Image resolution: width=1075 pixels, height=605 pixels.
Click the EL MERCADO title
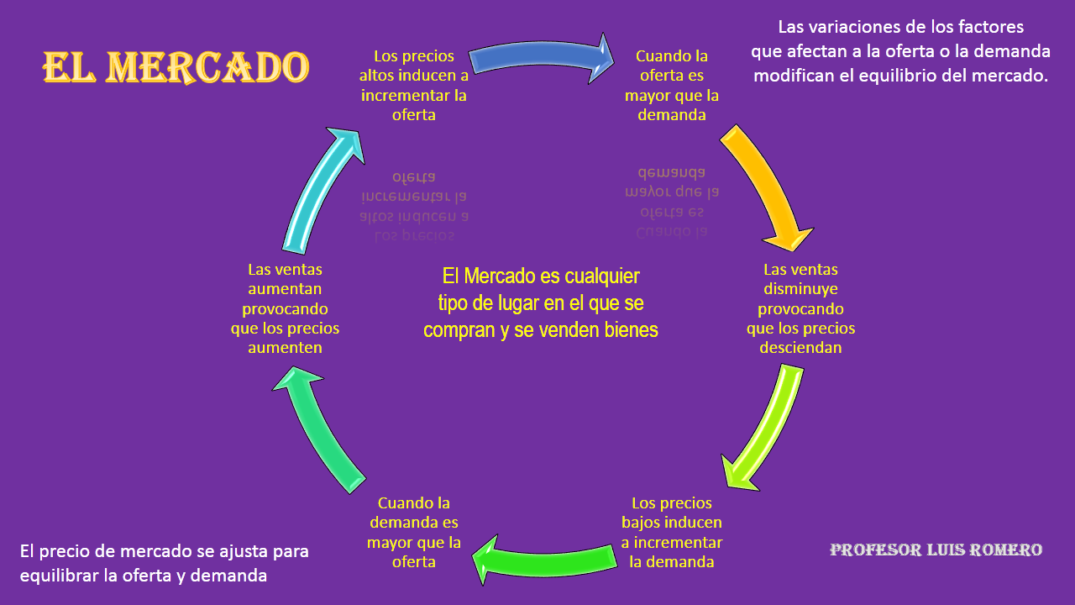coord(176,66)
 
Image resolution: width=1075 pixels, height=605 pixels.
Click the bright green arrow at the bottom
coord(546,560)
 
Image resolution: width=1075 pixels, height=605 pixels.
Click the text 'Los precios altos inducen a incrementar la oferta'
coord(414,85)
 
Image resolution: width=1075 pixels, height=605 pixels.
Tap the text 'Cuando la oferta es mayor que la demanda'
coord(672,85)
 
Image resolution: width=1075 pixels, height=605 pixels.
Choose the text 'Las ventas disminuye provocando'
coord(800,289)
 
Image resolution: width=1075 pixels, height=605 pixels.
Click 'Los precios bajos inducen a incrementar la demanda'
coord(672,532)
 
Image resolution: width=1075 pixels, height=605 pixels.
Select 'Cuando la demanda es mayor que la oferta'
coord(414,532)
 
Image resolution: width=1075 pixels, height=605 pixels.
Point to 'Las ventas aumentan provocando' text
coord(286,289)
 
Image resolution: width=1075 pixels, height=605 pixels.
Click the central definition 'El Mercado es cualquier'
coord(541,276)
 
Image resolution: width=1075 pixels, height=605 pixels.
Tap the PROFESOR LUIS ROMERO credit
coord(936,550)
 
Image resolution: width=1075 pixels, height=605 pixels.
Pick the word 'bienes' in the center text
coord(631,330)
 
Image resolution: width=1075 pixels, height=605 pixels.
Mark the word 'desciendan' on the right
coord(800,347)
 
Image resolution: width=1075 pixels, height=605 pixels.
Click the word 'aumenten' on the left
coord(286,347)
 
